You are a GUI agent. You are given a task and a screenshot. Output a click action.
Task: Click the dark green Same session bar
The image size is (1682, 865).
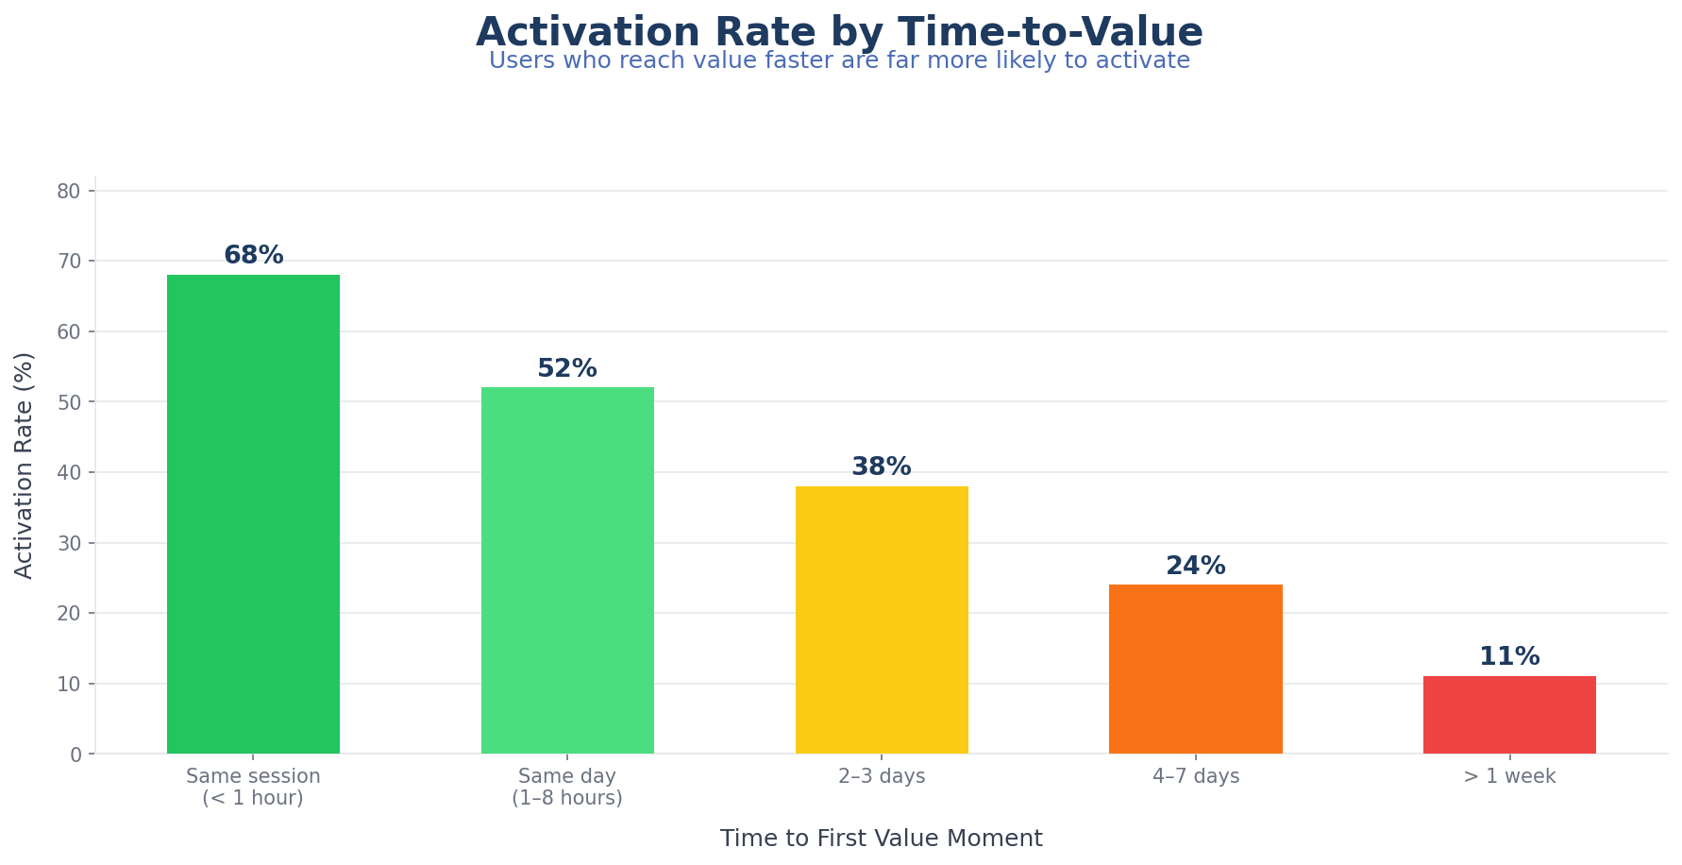(253, 515)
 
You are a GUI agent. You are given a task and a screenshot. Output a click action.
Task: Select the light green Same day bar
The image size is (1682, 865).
(567, 570)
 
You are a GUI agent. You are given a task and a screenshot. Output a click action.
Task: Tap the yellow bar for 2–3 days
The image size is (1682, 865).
(882, 619)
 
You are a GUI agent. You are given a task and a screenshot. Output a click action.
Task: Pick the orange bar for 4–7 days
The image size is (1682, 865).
(1195, 669)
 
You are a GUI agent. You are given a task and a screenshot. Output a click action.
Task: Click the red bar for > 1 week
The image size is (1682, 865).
(1509, 715)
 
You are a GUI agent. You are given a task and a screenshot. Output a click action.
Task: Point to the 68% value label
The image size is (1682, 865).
(253, 256)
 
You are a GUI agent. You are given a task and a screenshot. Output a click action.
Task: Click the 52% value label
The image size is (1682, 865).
(567, 369)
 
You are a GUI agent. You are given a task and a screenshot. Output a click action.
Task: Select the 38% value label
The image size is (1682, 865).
(882, 467)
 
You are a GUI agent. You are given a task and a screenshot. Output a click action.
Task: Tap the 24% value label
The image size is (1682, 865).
(1195, 567)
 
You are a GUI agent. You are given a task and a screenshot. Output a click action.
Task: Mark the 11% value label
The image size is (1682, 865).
(1509, 657)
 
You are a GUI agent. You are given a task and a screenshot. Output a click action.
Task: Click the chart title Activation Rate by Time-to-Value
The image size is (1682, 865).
(839, 32)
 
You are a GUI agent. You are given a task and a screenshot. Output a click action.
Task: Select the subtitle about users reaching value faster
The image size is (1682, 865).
(839, 61)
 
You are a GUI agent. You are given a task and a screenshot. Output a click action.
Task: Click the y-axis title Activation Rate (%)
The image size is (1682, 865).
(25, 465)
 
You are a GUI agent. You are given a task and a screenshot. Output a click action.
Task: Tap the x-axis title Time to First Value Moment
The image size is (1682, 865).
(882, 839)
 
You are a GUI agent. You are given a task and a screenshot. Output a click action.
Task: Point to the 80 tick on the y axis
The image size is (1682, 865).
(69, 192)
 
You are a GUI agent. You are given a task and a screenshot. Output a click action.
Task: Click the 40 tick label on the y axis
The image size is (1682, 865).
(69, 473)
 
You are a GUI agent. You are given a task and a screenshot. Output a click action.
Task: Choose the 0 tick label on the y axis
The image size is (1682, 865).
(76, 755)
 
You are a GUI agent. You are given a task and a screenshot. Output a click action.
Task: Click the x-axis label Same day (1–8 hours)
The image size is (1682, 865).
(567, 788)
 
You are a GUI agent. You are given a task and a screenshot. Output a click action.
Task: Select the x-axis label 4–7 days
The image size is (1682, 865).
(1195, 777)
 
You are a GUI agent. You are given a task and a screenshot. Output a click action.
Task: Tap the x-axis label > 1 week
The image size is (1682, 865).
(1509, 777)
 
